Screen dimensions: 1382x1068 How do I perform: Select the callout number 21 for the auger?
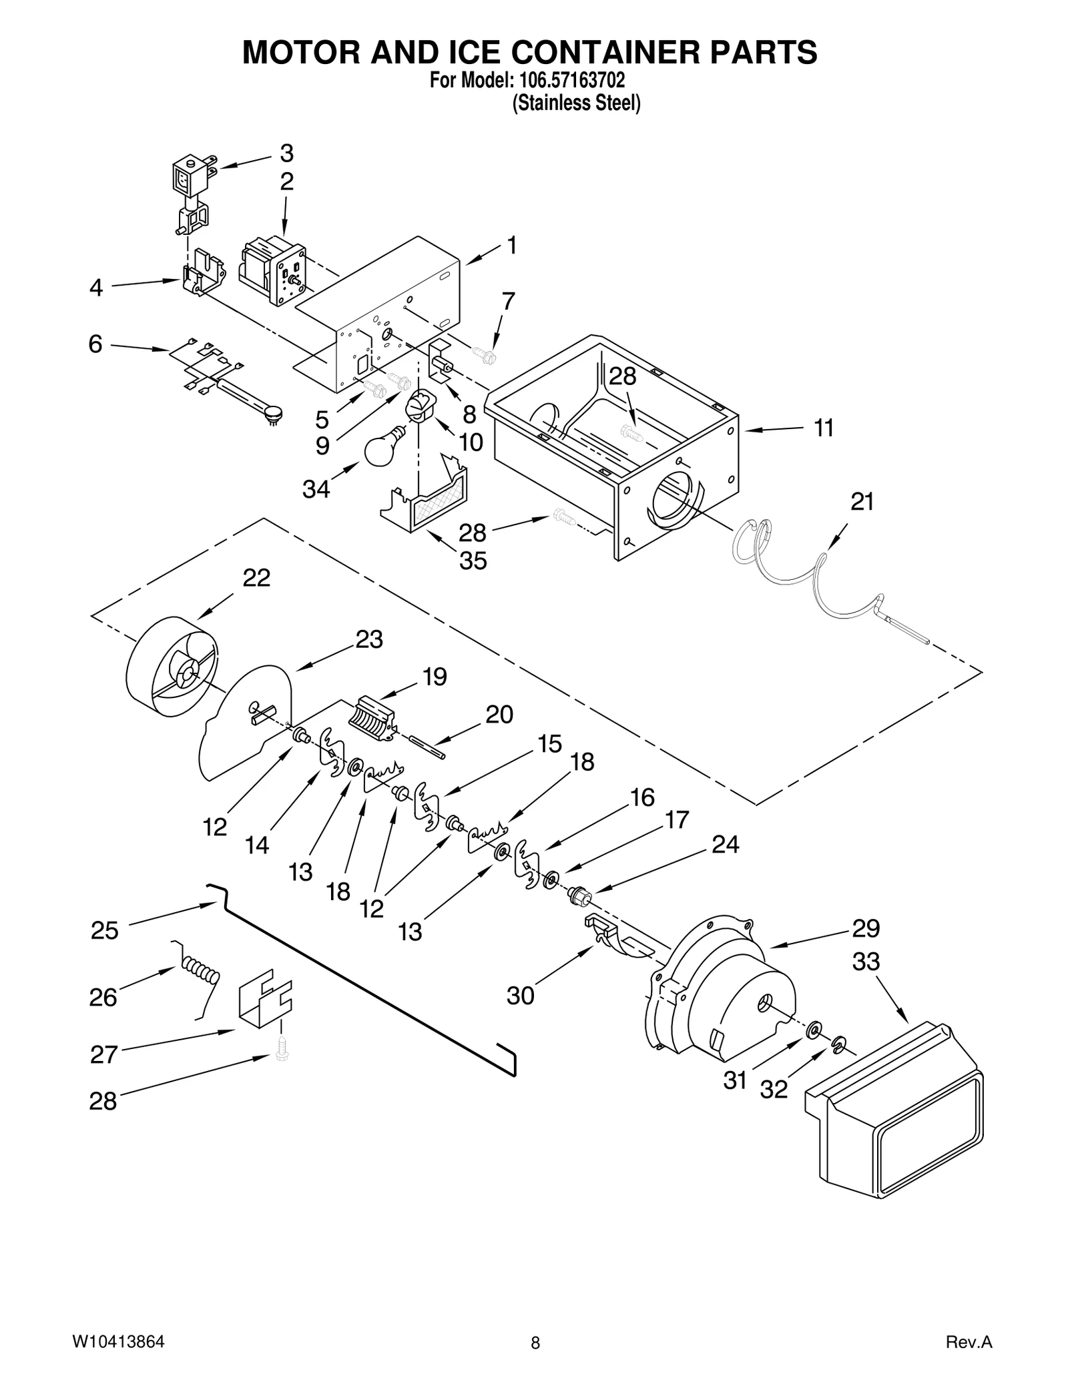[862, 501]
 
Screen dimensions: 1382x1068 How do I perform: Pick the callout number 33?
[866, 962]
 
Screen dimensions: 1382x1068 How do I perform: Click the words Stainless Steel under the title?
[575, 103]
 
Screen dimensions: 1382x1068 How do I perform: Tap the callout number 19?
[435, 677]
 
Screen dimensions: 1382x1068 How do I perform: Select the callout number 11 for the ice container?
[824, 428]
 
